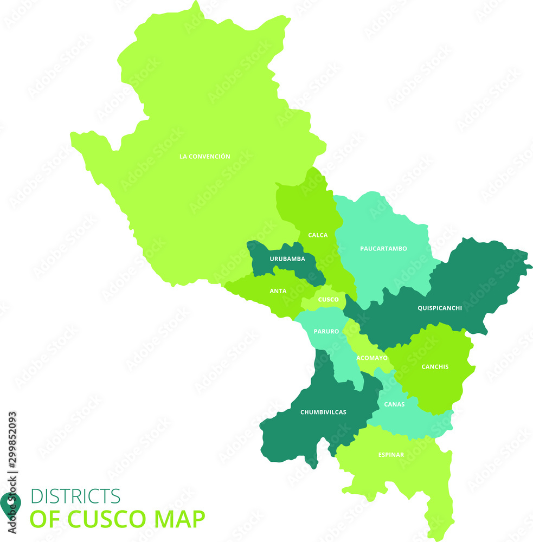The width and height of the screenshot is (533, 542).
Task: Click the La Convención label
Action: tap(204, 157)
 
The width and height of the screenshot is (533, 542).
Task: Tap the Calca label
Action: tap(318, 235)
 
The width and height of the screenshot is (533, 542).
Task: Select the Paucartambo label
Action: tap(383, 249)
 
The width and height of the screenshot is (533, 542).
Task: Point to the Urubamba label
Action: tap(287, 259)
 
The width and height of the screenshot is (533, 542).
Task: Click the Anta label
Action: tap(278, 291)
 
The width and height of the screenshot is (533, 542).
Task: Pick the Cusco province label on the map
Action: tap(329, 300)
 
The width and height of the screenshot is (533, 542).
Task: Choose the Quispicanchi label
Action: tap(440, 308)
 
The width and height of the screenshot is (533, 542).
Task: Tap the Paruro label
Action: tap(326, 331)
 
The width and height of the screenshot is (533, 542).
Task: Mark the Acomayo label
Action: tap(372, 358)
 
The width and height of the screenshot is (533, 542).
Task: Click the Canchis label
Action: tap(435, 367)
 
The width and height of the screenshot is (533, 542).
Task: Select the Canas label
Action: tap(394, 404)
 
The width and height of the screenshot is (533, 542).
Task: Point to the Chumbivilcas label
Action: tap(323, 412)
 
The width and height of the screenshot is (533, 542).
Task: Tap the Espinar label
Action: tap(391, 455)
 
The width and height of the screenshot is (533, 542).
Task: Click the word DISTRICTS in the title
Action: tap(75, 496)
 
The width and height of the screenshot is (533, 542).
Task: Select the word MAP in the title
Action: tap(181, 519)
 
